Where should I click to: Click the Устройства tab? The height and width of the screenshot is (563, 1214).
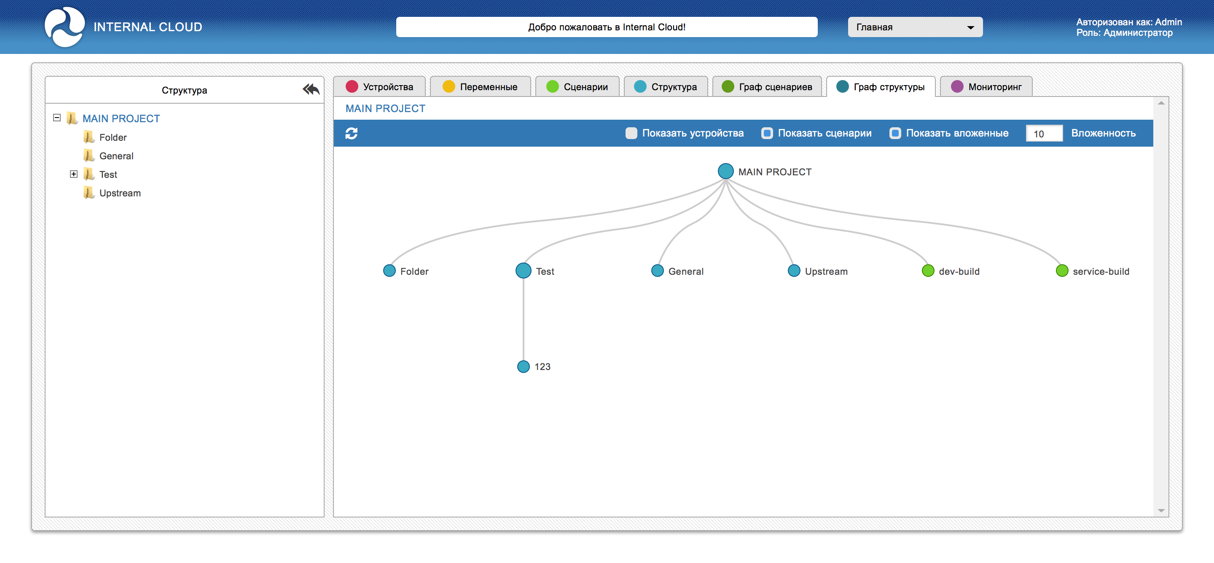[x=379, y=87]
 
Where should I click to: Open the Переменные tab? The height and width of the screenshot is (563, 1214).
[x=480, y=87]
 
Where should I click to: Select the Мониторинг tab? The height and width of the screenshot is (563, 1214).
[x=986, y=87]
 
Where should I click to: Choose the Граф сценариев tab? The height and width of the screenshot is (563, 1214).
[x=767, y=87]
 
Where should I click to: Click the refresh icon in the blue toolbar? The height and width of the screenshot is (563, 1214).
[x=352, y=133]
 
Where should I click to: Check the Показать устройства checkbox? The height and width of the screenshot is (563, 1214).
[x=631, y=133]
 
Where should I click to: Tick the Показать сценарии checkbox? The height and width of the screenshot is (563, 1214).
[x=767, y=133]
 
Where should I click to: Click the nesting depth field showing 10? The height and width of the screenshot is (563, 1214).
[x=1044, y=133]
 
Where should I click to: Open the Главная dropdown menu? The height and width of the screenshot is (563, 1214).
[x=915, y=27]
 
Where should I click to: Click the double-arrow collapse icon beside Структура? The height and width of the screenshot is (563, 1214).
[x=311, y=89]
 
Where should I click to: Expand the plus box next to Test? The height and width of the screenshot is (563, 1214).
[x=73, y=174]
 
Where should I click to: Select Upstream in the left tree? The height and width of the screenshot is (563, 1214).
[x=120, y=193]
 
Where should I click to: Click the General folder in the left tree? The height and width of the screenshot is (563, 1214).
[x=116, y=156]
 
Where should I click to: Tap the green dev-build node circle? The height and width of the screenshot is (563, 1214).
[x=928, y=271]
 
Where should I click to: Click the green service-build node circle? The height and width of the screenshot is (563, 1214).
[x=1062, y=271]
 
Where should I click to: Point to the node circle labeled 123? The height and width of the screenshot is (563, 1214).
[x=523, y=367]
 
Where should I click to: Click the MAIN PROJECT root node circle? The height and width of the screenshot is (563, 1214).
[x=725, y=171]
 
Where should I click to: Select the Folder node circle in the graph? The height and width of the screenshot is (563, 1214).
[x=389, y=271]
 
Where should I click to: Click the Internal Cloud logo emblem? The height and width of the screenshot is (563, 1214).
[x=64, y=27]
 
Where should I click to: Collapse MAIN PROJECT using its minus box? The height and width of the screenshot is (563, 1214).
[x=57, y=118]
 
